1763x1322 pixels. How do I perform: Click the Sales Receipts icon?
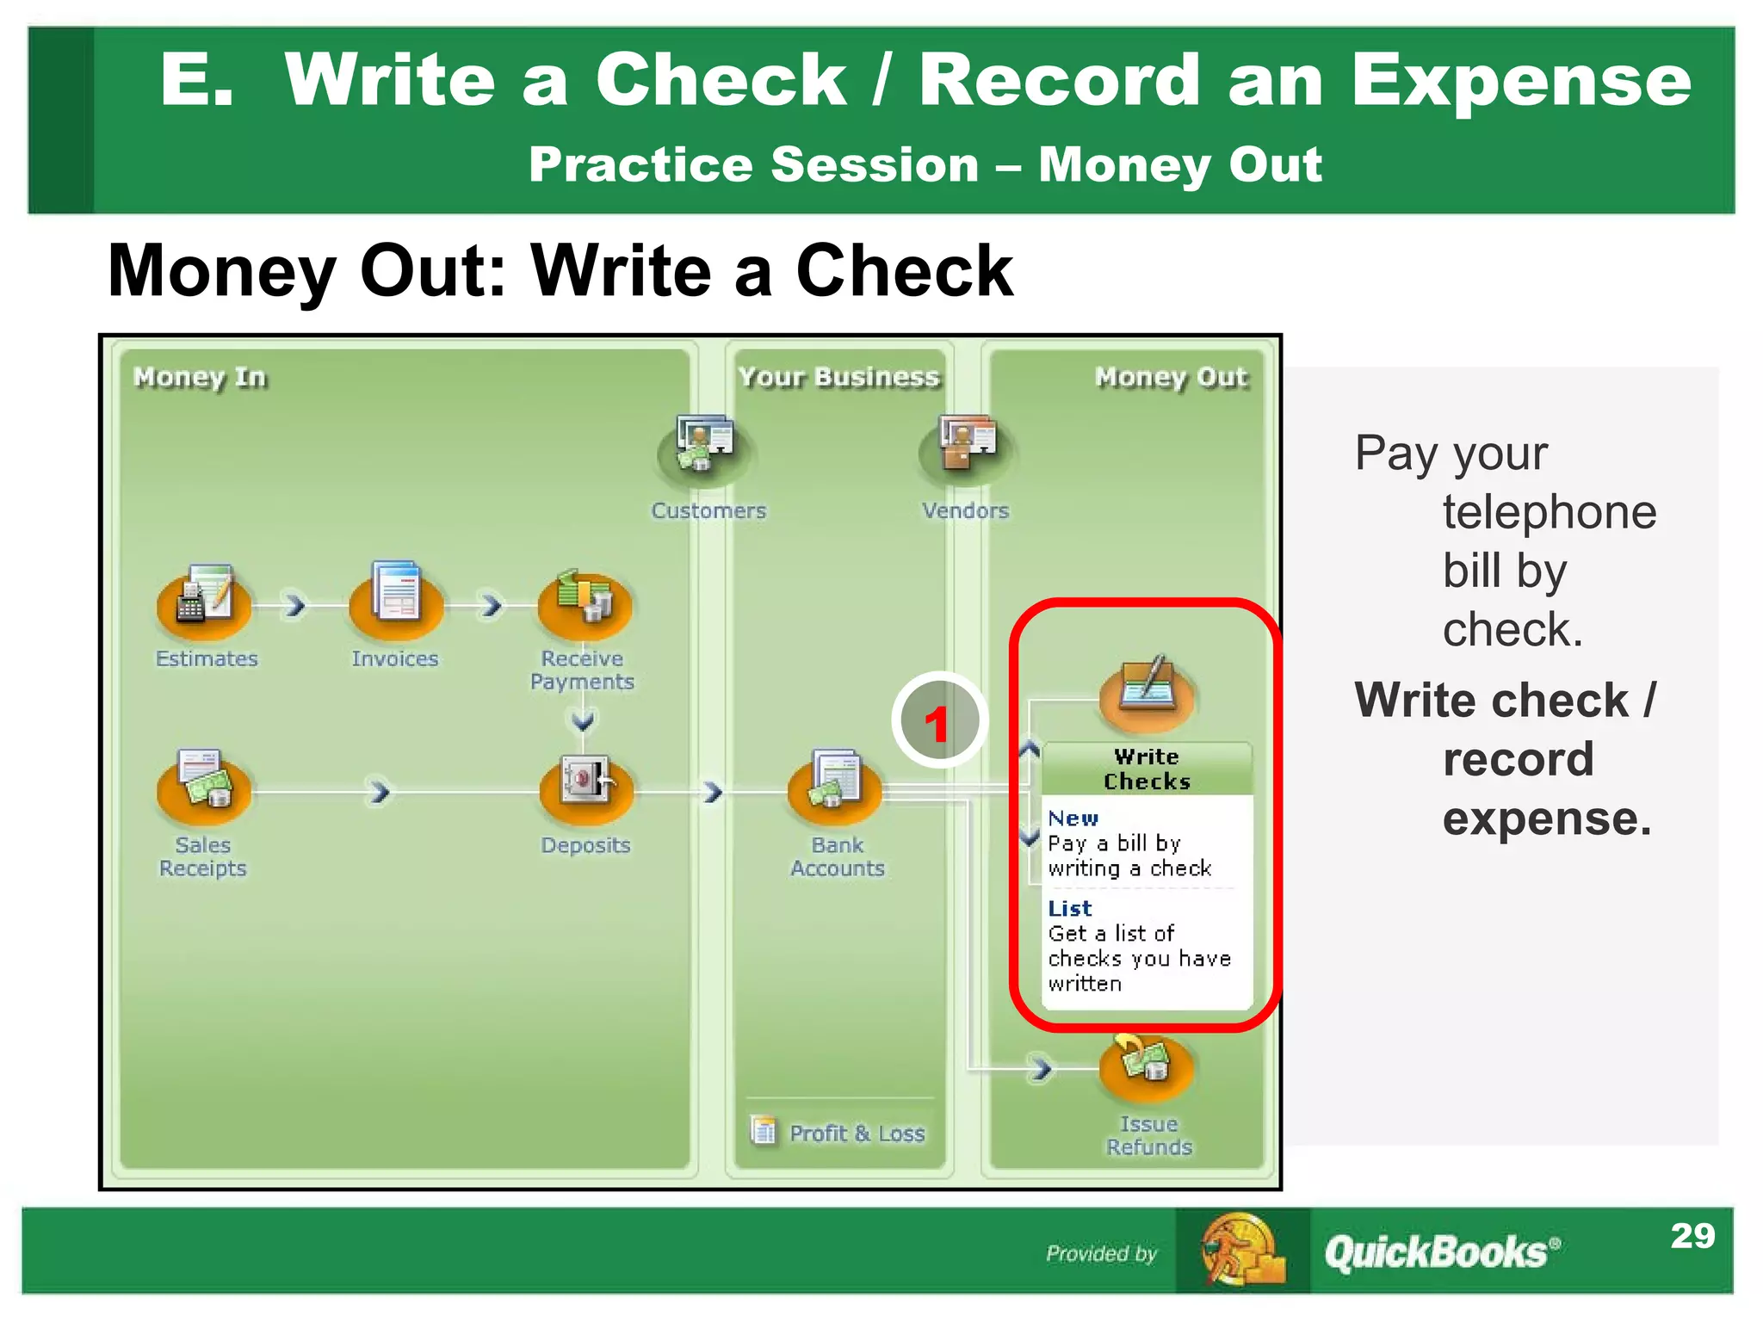click(204, 785)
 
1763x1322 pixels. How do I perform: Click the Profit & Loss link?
click(856, 1133)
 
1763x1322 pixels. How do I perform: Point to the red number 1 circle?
click(938, 721)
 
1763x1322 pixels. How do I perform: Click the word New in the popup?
click(1073, 819)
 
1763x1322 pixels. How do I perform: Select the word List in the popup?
click(1069, 909)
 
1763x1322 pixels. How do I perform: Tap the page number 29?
click(1692, 1236)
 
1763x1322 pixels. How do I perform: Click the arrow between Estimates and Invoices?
click(295, 605)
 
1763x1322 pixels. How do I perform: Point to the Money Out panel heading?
click(1170, 377)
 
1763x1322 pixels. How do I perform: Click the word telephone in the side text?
click(1550, 513)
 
